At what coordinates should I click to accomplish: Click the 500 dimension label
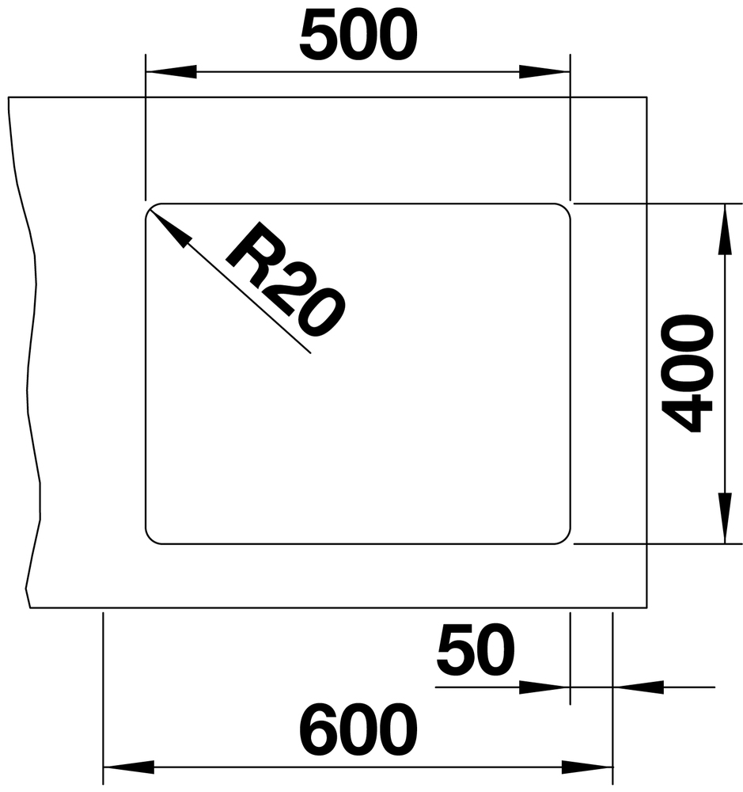click(358, 34)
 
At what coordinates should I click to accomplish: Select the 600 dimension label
click(358, 729)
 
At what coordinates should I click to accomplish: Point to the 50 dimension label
click(475, 650)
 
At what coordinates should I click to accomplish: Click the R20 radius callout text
click(286, 280)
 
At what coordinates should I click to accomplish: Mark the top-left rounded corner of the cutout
click(150, 208)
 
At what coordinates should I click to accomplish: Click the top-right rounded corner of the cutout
click(566, 208)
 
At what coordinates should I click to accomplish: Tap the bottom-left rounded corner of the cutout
click(150, 540)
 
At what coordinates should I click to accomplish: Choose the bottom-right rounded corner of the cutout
click(566, 540)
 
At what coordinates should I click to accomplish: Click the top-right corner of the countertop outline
click(646, 97)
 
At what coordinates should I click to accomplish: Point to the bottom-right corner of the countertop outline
click(646, 608)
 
